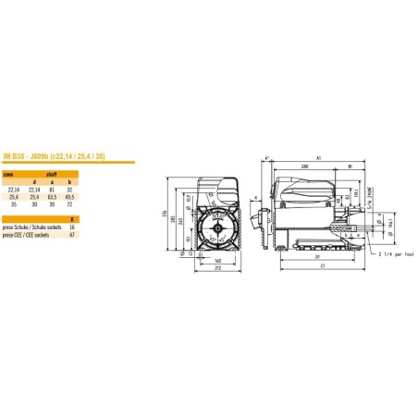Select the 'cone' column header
pyautogui.click(x=8, y=173)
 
